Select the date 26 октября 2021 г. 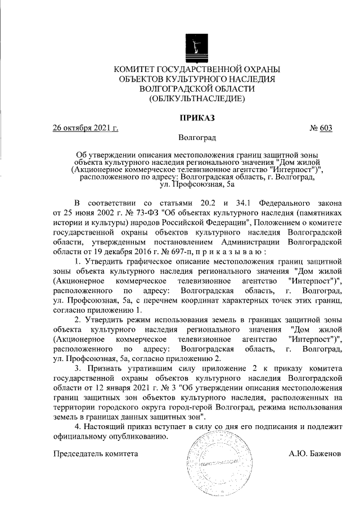coord(85,128)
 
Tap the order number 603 coord(326,128)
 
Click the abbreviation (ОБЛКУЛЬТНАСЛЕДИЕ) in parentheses coord(197,99)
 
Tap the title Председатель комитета coord(95,453)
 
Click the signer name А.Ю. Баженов coord(315,453)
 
